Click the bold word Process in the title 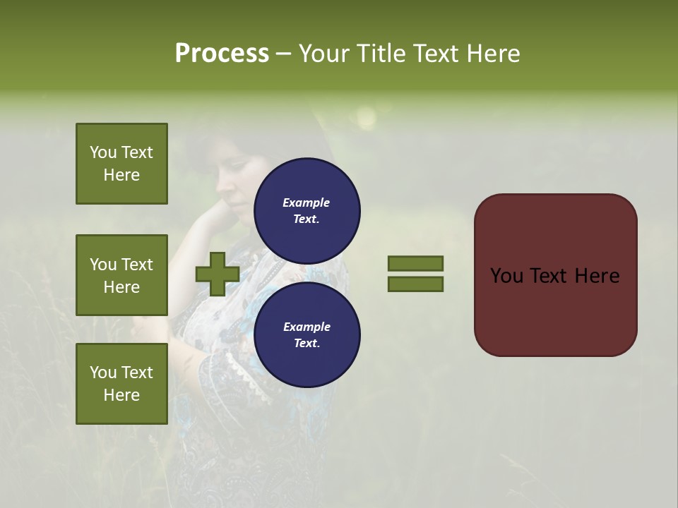pyautogui.click(x=222, y=53)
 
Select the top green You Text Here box pyautogui.click(x=121, y=164)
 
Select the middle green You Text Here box pyautogui.click(x=121, y=275)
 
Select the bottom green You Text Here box pyautogui.click(x=121, y=384)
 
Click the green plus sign pyautogui.click(x=218, y=274)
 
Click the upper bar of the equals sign pyautogui.click(x=415, y=264)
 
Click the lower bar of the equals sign pyautogui.click(x=415, y=284)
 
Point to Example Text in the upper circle pyautogui.click(x=307, y=211)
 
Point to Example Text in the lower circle pyautogui.click(x=307, y=335)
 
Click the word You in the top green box pyautogui.click(x=102, y=152)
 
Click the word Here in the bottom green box pyautogui.click(x=121, y=395)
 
